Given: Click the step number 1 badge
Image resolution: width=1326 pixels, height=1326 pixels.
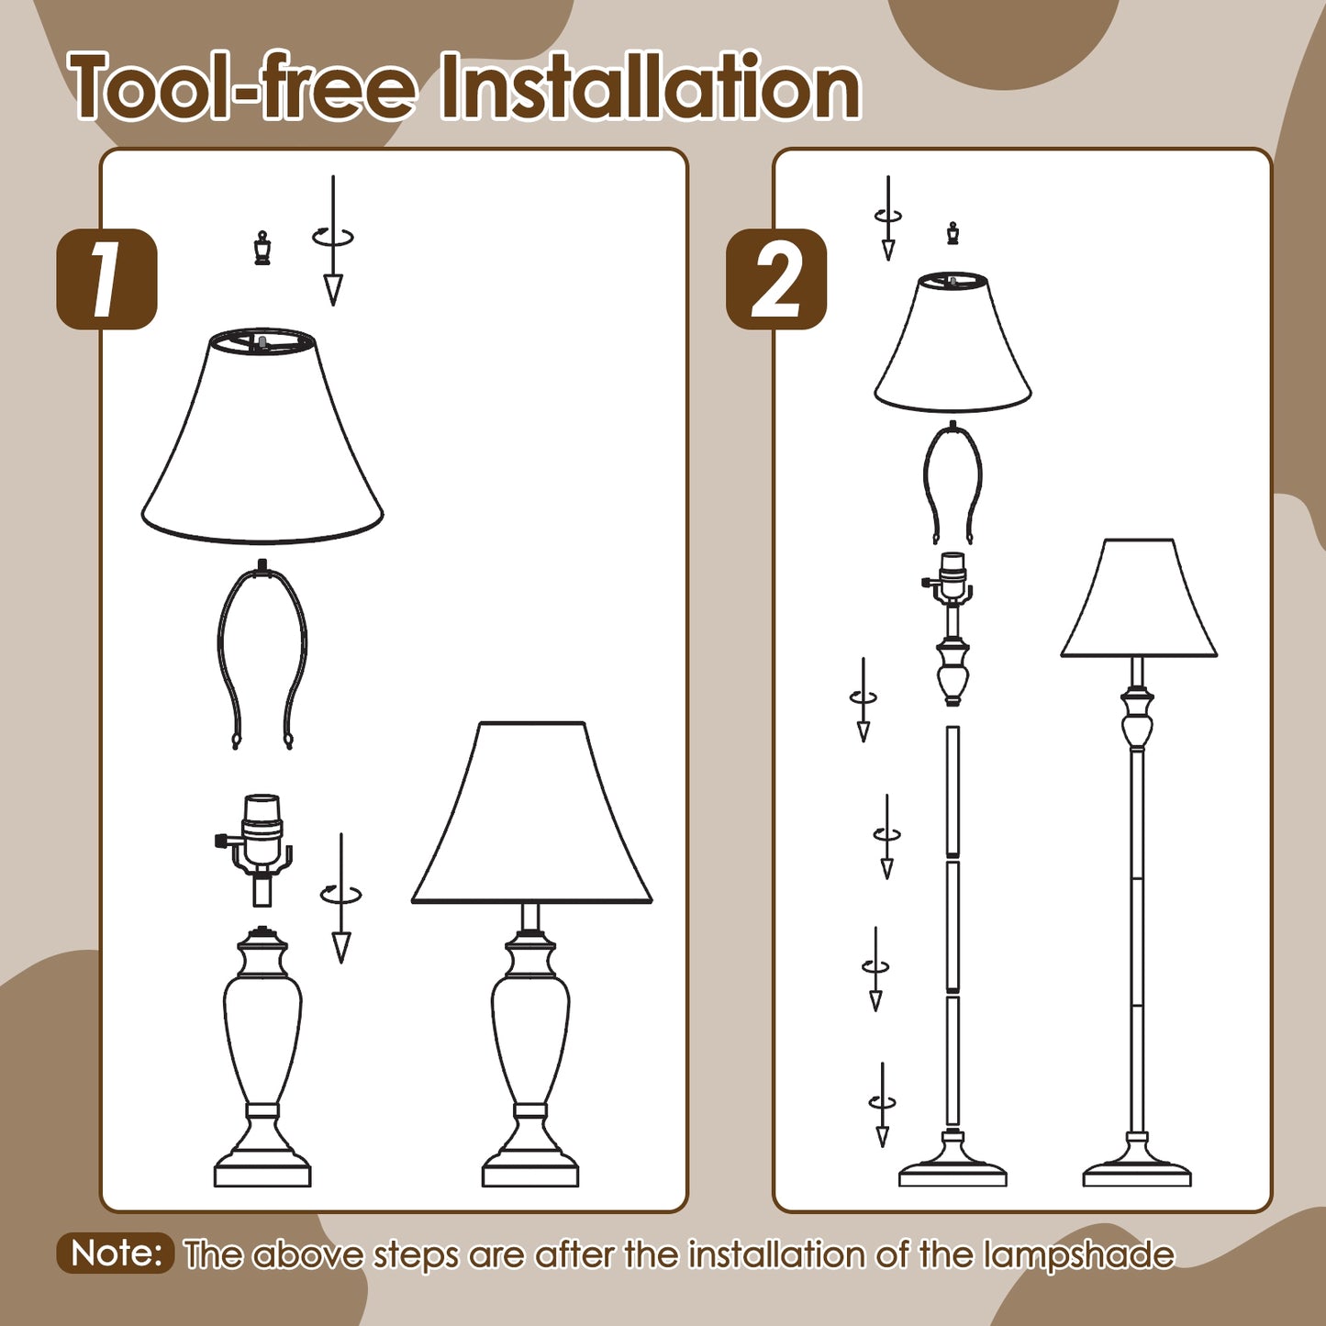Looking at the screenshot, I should (x=106, y=279).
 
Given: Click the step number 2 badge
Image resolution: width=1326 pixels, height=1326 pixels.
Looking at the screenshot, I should (x=776, y=279).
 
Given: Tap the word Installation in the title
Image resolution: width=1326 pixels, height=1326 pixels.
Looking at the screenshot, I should (x=650, y=87).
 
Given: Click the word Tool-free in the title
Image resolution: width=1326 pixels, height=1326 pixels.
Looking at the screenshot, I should (x=242, y=87).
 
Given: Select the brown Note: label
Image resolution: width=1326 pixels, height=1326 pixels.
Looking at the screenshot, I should (x=116, y=1253).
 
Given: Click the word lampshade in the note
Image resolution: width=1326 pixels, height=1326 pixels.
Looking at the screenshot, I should (x=1078, y=1254).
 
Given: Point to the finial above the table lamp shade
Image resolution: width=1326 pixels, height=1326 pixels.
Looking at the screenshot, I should (x=262, y=249).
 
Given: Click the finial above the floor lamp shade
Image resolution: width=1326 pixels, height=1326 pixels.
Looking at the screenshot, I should (x=953, y=233).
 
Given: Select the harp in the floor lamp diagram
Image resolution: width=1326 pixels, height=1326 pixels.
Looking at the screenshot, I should (x=953, y=482).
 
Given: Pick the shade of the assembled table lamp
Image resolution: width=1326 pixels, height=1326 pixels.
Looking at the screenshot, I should (x=532, y=817).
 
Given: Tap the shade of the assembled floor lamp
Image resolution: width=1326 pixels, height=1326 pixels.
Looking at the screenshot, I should (x=1139, y=601).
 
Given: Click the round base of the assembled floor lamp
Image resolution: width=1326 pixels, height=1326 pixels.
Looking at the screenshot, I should (x=1137, y=1167).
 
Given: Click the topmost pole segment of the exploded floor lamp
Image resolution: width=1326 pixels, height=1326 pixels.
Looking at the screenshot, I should (x=953, y=791).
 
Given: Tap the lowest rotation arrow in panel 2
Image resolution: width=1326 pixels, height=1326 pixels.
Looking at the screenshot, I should (x=882, y=1104).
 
